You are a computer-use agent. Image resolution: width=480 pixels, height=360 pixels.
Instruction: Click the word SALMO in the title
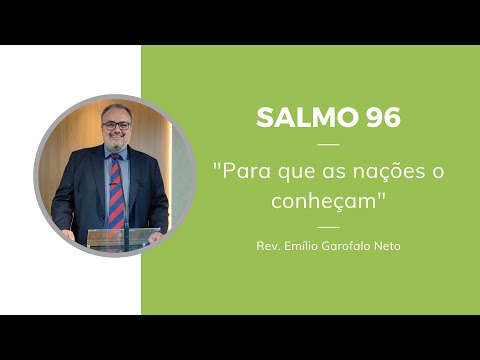tap(297, 118)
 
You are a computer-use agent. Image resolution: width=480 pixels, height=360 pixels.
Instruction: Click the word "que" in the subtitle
tap(294, 172)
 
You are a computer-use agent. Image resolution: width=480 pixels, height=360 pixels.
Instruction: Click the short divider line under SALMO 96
tap(328, 145)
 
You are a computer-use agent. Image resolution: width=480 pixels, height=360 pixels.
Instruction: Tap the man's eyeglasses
tap(116, 127)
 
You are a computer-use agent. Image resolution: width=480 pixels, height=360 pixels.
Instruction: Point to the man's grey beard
tap(116, 146)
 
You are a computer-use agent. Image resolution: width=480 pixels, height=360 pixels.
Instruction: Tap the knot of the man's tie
tap(114, 161)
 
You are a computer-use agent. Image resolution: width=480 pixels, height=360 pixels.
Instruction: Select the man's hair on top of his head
tap(116, 108)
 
